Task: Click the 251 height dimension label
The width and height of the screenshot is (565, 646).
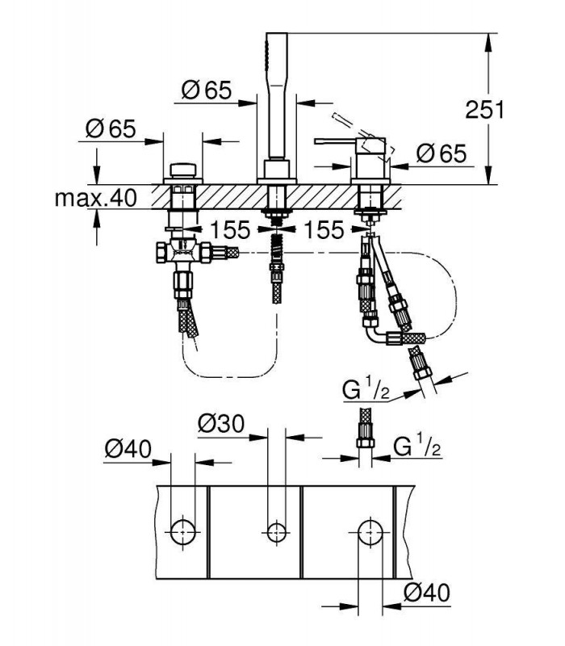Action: pos(484,110)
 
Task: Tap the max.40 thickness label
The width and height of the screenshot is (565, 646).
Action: pos(95,198)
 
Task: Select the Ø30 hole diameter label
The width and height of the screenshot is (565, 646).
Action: pos(221,423)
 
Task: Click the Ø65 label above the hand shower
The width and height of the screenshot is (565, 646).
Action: pos(207,90)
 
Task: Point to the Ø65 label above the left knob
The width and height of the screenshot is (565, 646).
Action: pos(111,128)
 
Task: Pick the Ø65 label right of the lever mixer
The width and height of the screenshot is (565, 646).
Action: pos(441,153)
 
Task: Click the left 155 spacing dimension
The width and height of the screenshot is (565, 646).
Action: pos(230,230)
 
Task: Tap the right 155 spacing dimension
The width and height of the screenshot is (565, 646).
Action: pos(324,230)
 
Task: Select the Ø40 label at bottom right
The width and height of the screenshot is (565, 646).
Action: pos(427,593)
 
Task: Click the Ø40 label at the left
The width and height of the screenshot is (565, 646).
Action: pos(128,449)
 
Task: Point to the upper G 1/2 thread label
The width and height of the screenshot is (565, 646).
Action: pos(366,391)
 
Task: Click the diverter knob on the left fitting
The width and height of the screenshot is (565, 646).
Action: pos(183,170)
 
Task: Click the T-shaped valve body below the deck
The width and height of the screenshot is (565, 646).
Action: pos(184,252)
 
